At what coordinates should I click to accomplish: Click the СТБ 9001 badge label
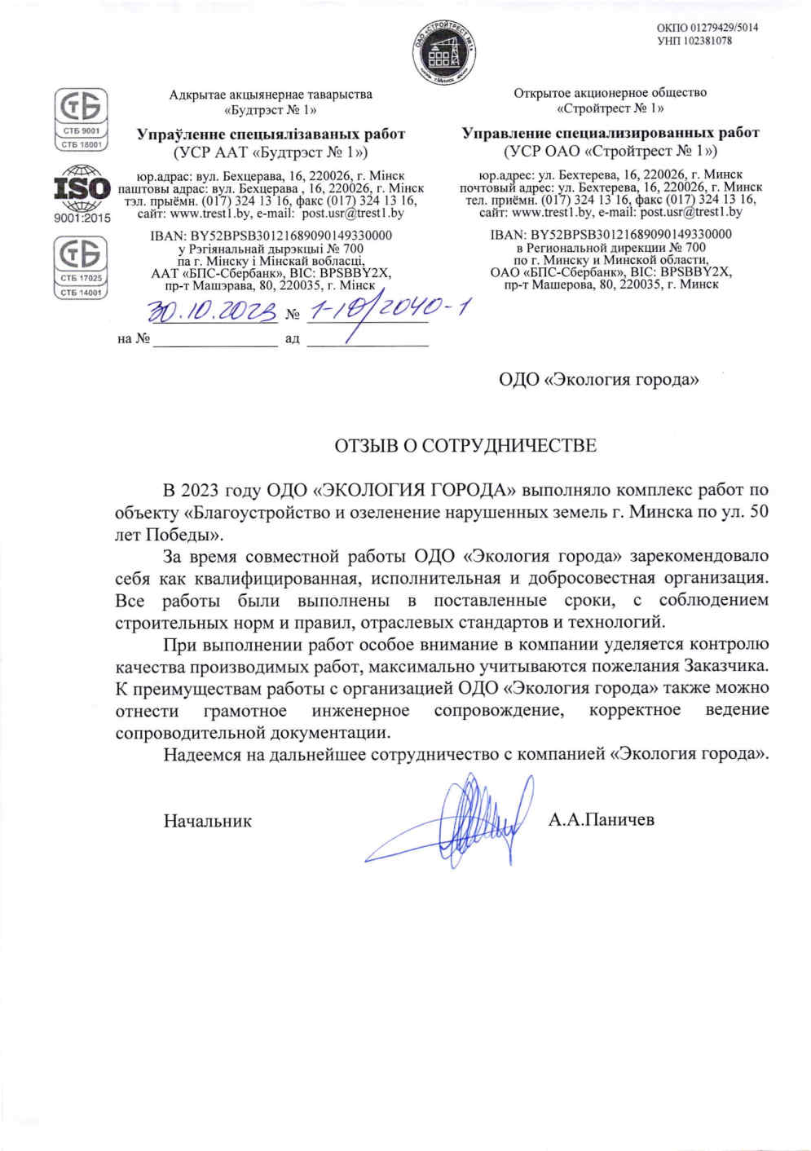pos(81,130)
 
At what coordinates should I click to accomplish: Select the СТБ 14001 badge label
pos(81,292)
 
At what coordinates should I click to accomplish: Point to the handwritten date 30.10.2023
pos(213,311)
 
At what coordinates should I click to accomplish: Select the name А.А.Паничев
pos(602,820)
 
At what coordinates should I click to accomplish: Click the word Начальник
pos(207,822)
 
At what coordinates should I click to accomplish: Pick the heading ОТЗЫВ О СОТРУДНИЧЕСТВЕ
pos(465,446)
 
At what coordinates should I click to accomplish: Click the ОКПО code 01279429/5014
pos(707,28)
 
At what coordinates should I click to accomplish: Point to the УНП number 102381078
pos(694,41)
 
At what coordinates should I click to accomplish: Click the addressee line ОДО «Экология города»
pos(599,380)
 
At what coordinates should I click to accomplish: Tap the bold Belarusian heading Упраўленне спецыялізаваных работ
pos(271,134)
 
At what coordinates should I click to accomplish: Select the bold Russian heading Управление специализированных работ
pos(610,133)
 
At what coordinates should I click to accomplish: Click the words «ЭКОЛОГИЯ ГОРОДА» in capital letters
pos(415,491)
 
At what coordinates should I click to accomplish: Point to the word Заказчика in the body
pos(725,666)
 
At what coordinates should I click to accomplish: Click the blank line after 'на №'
pos(215,339)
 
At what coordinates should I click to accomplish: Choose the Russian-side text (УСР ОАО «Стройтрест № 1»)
pos(610,152)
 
